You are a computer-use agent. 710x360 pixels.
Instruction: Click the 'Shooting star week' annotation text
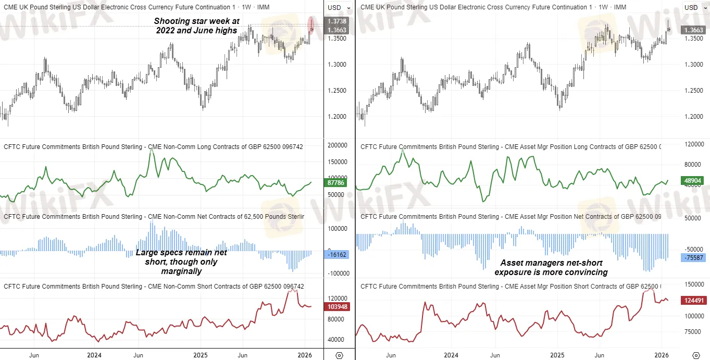pyautogui.click(x=196, y=26)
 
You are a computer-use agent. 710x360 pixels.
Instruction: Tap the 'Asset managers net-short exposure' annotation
pyautogui.click(x=551, y=267)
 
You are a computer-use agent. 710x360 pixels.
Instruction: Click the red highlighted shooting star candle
pyautogui.click(x=311, y=24)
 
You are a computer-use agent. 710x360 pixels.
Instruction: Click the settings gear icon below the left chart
pyautogui.click(x=339, y=355)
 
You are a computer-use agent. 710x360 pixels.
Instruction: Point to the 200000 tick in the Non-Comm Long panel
pyautogui.click(x=337, y=145)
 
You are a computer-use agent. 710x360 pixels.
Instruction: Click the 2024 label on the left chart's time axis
pyautogui.click(x=94, y=355)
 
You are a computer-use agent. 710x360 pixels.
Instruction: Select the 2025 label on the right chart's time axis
pyautogui.click(x=557, y=355)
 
